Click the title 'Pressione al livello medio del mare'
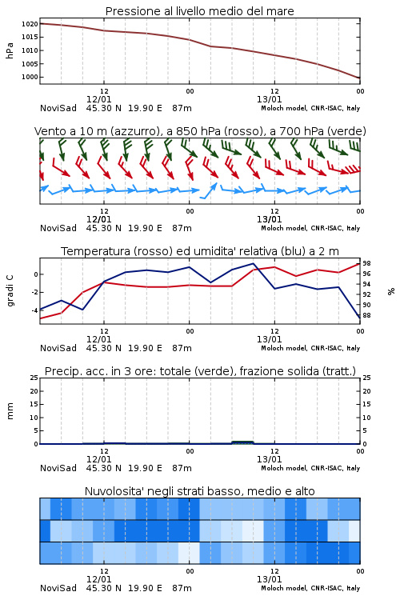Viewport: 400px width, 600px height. (199, 11)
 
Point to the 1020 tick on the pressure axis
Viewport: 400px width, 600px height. (30, 24)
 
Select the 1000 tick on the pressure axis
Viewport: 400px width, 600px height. (30, 77)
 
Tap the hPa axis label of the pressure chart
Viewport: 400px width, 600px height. (10, 50)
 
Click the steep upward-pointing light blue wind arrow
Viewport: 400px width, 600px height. (209, 190)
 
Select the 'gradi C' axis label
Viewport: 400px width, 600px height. (10, 290)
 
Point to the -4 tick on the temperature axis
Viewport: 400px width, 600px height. (34, 310)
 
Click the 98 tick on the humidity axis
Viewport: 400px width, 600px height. (366, 263)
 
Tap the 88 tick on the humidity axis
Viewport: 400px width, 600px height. (366, 315)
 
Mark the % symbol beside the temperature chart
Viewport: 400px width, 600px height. (391, 291)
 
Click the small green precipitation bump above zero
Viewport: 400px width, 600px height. (242, 442)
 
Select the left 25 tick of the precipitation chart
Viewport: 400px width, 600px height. (34, 378)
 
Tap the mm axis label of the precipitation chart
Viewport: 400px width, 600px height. (10, 411)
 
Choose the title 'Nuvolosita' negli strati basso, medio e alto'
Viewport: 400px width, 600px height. (199, 491)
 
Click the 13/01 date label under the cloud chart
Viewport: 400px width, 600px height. (269, 579)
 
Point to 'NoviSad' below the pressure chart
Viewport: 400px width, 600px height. (58, 108)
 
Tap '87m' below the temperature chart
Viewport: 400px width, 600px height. (182, 348)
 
